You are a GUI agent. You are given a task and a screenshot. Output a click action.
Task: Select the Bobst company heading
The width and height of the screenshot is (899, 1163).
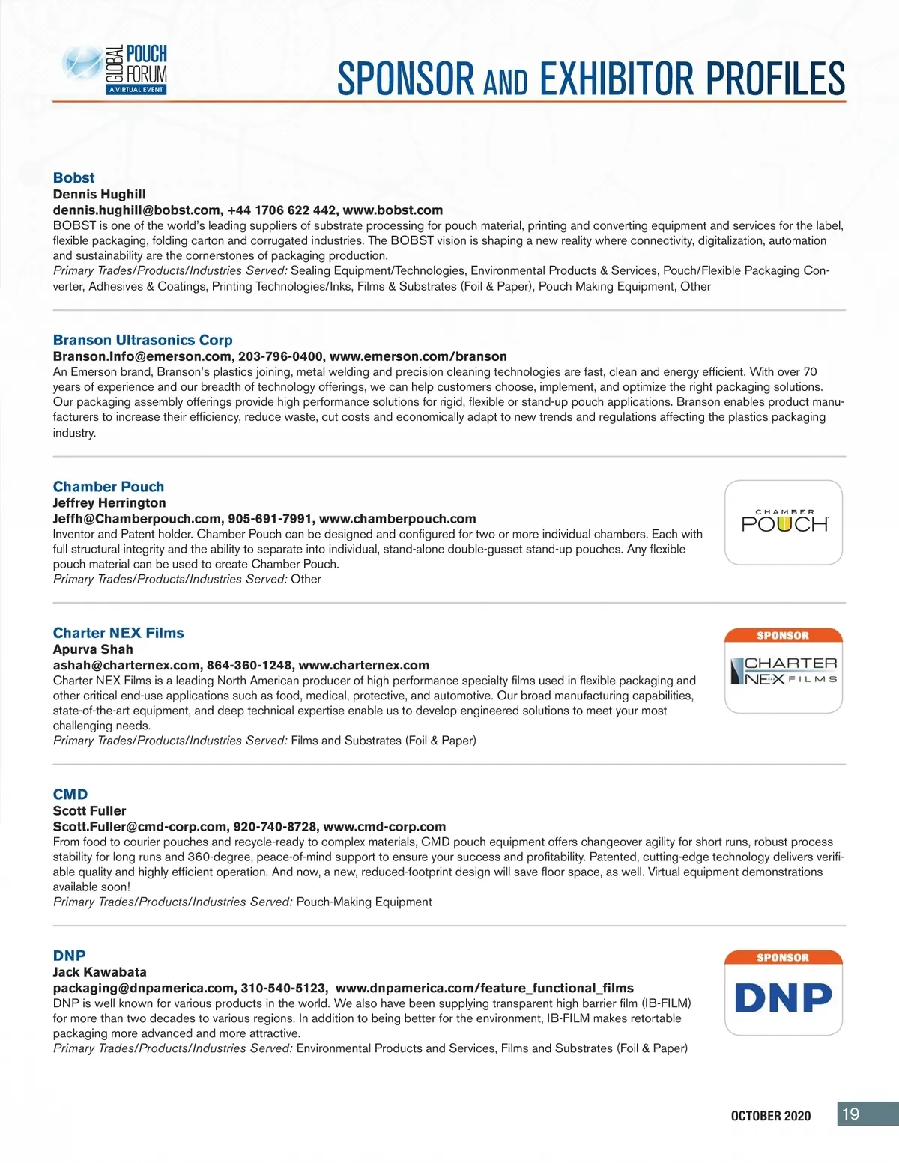pyautogui.click(x=73, y=177)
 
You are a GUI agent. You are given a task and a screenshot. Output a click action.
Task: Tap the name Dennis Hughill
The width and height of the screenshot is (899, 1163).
pyautogui.click(x=99, y=194)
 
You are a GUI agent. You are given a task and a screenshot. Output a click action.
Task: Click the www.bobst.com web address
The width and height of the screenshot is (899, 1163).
pyautogui.click(x=393, y=210)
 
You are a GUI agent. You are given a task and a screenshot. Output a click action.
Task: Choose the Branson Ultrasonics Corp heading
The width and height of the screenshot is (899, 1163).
pyautogui.click(x=142, y=340)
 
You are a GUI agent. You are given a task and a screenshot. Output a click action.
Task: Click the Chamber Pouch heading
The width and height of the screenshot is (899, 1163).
pyautogui.click(x=108, y=486)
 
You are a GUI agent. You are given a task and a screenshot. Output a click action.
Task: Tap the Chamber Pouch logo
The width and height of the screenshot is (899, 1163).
pyautogui.click(x=784, y=522)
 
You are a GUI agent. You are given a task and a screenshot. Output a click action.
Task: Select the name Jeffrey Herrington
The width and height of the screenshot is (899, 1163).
pyautogui.click(x=109, y=502)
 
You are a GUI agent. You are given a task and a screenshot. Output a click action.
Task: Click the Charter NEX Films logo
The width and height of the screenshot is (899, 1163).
pyautogui.click(x=784, y=671)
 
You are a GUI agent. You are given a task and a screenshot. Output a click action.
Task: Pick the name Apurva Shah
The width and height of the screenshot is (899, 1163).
pyautogui.click(x=93, y=649)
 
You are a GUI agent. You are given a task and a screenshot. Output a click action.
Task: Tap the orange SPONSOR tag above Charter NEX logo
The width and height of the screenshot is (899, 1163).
pyautogui.click(x=783, y=636)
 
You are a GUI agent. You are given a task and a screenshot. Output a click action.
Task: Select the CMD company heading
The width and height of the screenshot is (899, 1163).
pyautogui.click(x=70, y=794)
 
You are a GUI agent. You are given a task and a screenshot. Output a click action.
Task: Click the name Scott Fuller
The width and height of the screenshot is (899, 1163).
pyautogui.click(x=89, y=810)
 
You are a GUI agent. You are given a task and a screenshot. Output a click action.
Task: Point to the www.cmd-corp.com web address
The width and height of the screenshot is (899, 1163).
pyautogui.click(x=384, y=827)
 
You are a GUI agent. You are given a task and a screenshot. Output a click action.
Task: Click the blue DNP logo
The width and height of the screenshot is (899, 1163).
pyautogui.click(x=784, y=998)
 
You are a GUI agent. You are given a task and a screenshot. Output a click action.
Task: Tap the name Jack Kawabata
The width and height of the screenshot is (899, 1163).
pyautogui.click(x=100, y=972)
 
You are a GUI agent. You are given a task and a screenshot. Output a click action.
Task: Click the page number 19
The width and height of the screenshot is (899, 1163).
pyautogui.click(x=850, y=1114)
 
